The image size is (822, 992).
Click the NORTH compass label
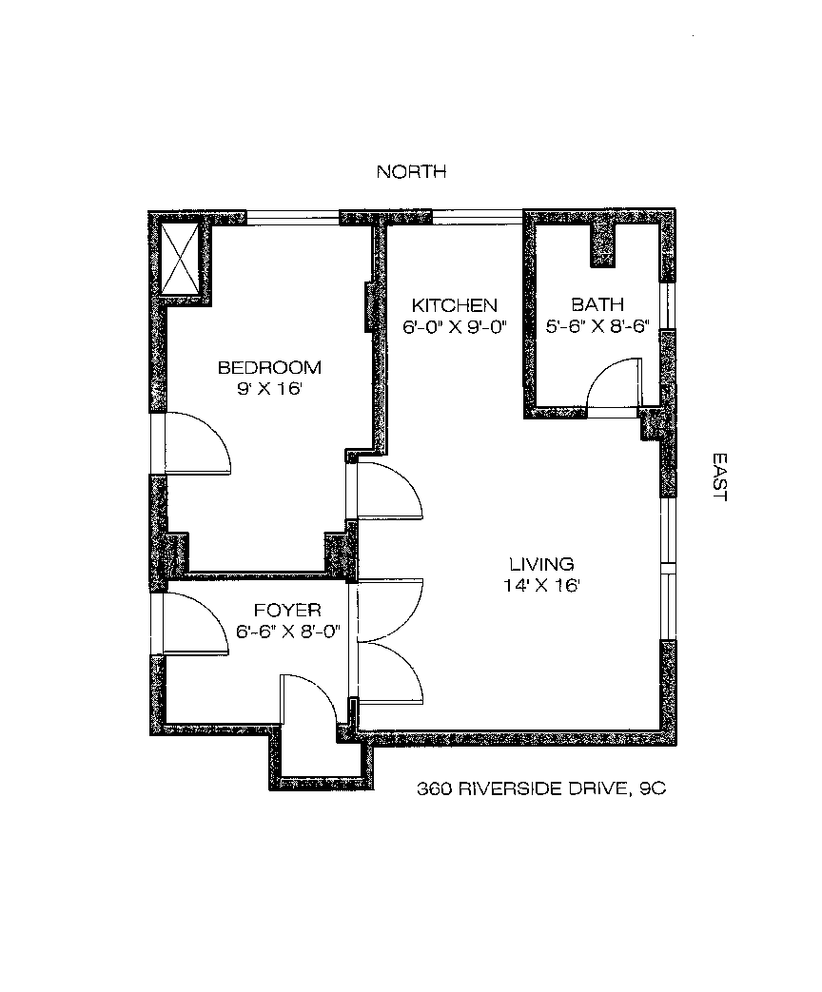point(411,172)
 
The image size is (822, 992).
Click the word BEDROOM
point(269,367)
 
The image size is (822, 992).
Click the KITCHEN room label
point(454,305)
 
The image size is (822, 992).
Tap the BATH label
point(597,305)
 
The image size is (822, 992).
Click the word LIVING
point(540,563)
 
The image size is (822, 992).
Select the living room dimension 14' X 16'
point(540,585)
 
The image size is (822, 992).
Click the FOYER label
point(287,610)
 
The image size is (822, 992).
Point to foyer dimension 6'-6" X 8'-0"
point(287,631)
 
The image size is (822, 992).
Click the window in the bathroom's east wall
point(669,304)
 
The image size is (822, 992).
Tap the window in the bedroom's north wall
point(292,217)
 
